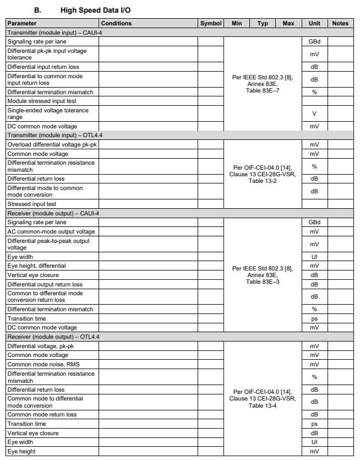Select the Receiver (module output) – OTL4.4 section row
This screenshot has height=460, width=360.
(x=45, y=336)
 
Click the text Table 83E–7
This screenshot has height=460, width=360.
(x=262, y=91)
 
